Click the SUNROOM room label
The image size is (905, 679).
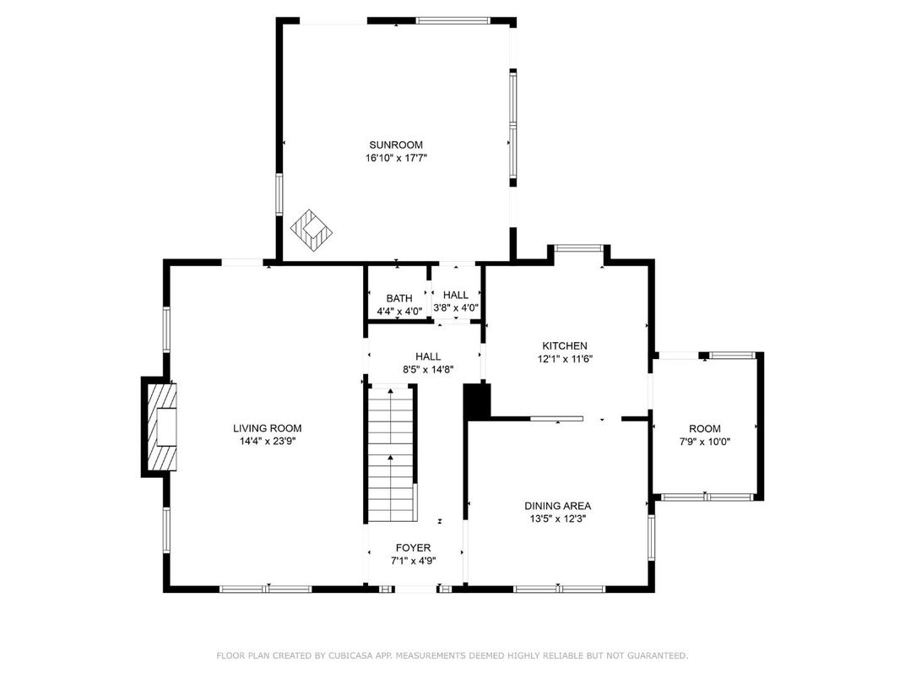[396, 145]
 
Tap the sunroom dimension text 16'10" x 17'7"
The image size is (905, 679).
[396, 158]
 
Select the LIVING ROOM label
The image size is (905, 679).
[268, 428]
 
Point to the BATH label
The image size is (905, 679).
[399, 298]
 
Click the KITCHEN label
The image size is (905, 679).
[565, 346]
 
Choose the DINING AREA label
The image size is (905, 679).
[557, 507]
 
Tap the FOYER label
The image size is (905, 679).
[414, 548]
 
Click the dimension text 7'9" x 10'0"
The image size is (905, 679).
[705, 442]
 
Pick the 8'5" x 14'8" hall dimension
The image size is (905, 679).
[428, 370]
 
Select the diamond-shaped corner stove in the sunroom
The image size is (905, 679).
[312, 231]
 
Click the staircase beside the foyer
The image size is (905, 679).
[393, 454]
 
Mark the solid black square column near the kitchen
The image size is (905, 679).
[477, 401]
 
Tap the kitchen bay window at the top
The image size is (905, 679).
[579, 249]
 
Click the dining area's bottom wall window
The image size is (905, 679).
[559, 589]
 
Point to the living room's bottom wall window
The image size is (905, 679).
[265, 589]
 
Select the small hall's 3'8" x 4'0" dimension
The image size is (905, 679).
[456, 307]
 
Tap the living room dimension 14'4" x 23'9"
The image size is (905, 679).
[268, 441]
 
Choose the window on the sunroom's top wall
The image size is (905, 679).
[453, 21]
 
